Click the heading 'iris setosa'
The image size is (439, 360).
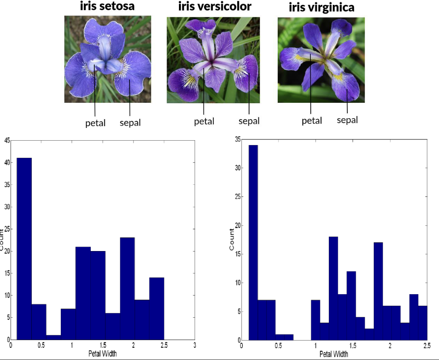click(x=107, y=6)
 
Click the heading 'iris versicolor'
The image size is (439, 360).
click(x=215, y=6)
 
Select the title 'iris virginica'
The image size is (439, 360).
click(x=321, y=7)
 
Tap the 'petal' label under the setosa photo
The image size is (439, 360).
click(x=95, y=123)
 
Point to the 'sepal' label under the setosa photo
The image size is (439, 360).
click(x=130, y=122)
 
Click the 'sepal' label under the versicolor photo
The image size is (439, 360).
click(x=249, y=120)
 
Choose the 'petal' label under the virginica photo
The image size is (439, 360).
click(x=312, y=120)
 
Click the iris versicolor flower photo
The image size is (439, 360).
click(x=213, y=60)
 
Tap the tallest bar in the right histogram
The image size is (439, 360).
click(x=253, y=243)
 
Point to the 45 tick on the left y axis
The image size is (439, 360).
click(x=7, y=141)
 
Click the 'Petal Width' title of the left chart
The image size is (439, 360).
click(x=103, y=352)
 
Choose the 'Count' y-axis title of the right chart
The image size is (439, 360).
click(x=232, y=240)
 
